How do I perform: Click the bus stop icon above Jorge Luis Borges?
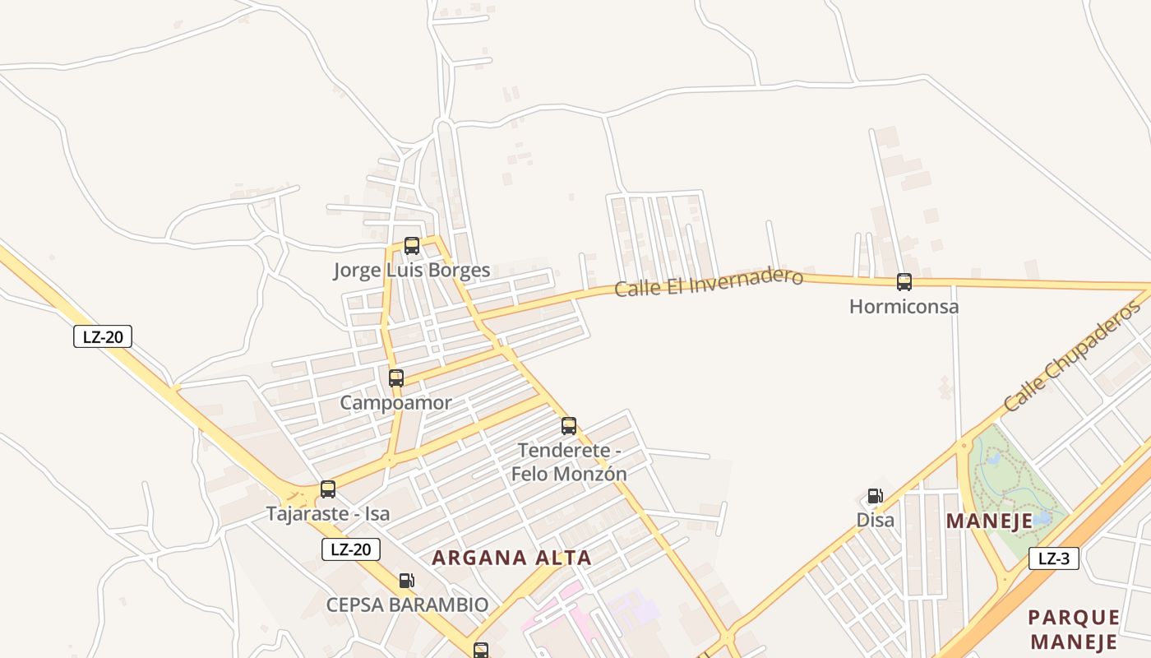click(x=412, y=245)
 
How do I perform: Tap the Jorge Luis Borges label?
click(x=411, y=270)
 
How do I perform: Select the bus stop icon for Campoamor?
click(x=396, y=378)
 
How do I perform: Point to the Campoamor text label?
click(x=395, y=403)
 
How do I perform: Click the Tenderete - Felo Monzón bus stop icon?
click(x=569, y=426)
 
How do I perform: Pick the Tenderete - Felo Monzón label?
click(x=569, y=462)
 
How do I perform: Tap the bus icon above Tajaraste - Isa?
click(x=328, y=489)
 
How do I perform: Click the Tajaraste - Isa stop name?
click(x=327, y=514)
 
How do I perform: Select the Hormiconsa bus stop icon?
click(x=904, y=282)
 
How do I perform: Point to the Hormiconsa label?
click(x=904, y=307)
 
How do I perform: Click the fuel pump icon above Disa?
click(x=876, y=496)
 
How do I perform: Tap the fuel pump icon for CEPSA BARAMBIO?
click(x=406, y=581)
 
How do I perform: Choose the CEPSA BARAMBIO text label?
click(x=407, y=605)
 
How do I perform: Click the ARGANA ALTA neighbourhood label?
click(x=511, y=558)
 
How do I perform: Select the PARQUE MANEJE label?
click(x=1074, y=629)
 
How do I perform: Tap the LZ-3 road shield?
click(x=1054, y=559)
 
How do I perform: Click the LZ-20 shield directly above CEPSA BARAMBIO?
click(x=351, y=549)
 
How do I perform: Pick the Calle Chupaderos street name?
click(x=1072, y=356)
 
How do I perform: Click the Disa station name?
click(x=876, y=520)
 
